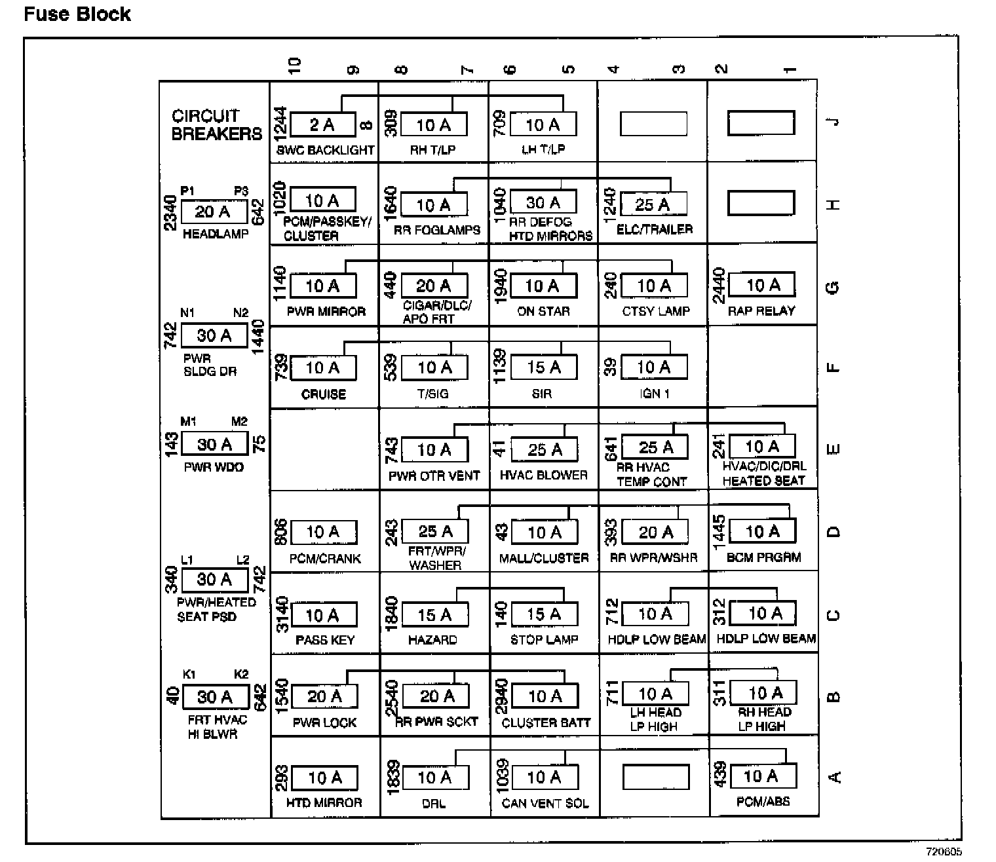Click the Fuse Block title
77,14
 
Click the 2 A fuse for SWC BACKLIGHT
322,124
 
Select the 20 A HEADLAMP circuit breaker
214,212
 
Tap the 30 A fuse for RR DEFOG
543,202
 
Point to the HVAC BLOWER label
544,475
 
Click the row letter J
833,122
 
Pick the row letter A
834,778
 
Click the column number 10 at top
294,65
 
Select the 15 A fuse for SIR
544,367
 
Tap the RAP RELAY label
761,311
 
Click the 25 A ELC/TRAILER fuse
653,204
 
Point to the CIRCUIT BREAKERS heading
216,125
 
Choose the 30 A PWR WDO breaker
214,444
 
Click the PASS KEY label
325,640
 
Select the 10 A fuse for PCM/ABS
763,776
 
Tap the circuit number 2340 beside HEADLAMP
170,212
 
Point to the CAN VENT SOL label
545,803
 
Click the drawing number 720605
944,852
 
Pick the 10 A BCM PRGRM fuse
763,531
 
